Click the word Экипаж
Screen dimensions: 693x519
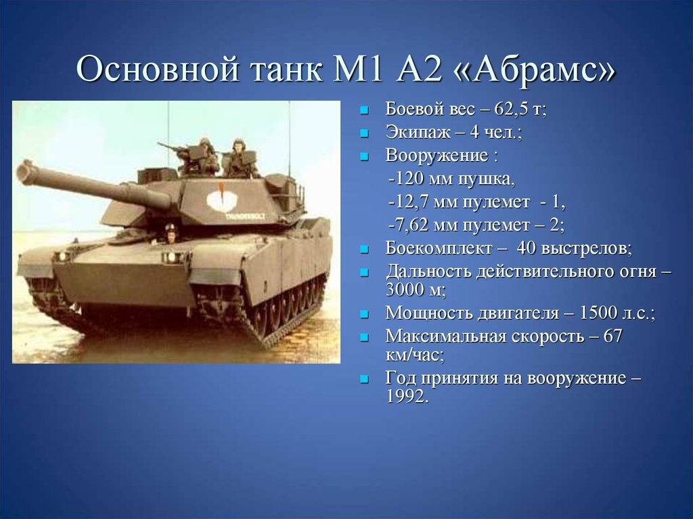(418, 132)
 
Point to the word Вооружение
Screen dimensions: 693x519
(437, 155)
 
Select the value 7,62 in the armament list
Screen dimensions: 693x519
(411, 225)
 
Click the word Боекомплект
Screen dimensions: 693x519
(438, 248)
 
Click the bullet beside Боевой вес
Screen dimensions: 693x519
(364, 110)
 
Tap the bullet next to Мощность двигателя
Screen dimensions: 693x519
(364, 315)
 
